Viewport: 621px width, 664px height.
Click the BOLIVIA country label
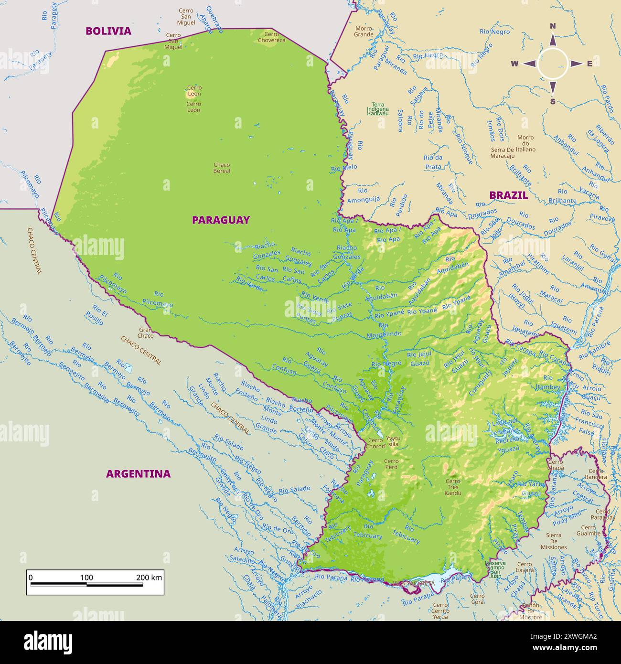pos(108,31)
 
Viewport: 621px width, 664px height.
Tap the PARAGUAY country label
pos(221,220)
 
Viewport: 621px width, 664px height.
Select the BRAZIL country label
pos(508,195)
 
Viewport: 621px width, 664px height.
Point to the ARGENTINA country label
pos(138,474)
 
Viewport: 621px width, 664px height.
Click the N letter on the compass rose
pos(553,26)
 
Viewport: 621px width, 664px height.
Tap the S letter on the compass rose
pos(553,101)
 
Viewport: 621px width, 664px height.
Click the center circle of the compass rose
pos(553,64)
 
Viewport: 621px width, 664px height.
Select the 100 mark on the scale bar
pos(86,578)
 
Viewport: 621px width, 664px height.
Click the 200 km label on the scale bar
pos(149,578)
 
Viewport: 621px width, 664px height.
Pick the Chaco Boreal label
pos(222,168)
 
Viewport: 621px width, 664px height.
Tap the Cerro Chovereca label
pos(271,37)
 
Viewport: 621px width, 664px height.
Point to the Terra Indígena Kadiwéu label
pos(378,109)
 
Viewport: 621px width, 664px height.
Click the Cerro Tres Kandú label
pos(452,487)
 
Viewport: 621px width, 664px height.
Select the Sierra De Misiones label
pos(554,541)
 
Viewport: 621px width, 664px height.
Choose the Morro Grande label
pos(364,32)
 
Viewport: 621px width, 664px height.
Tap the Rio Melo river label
pos(344,168)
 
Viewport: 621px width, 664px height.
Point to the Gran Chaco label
pos(146,332)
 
